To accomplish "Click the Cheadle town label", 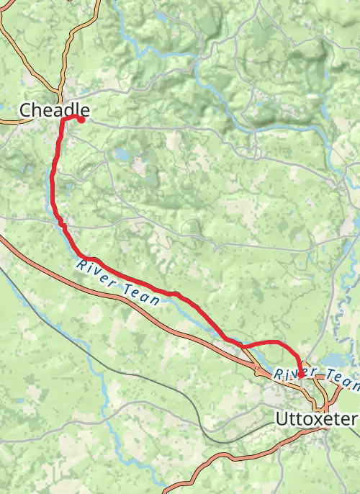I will tap(55, 110).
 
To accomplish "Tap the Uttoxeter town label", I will tap(316, 418).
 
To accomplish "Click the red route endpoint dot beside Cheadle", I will tap(81, 120).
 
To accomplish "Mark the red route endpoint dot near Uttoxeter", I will tap(300, 374).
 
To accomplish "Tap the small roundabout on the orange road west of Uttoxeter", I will tap(258, 371).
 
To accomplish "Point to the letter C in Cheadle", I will tap(25, 110).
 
